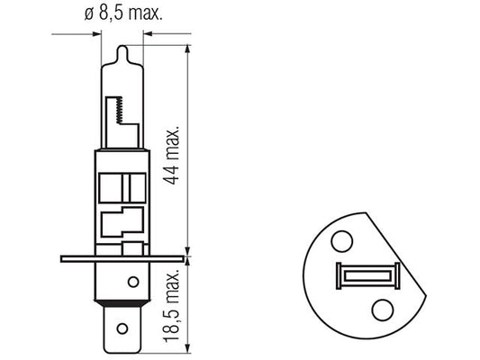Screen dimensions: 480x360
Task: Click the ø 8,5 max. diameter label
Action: (x=123, y=13)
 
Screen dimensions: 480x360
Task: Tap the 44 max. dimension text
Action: (x=171, y=156)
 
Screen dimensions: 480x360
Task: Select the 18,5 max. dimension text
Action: (x=171, y=306)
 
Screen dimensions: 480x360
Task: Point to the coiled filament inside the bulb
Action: (x=120, y=110)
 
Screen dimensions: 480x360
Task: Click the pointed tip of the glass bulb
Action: (x=122, y=46)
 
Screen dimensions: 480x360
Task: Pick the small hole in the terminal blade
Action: (x=122, y=328)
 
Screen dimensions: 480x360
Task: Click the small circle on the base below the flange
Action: (x=133, y=282)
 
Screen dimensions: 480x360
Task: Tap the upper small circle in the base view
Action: (x=342, y=241)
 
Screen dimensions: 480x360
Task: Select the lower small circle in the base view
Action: (x=383, y=310)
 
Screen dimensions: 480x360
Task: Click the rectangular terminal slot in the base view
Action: (x=368, y=276)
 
